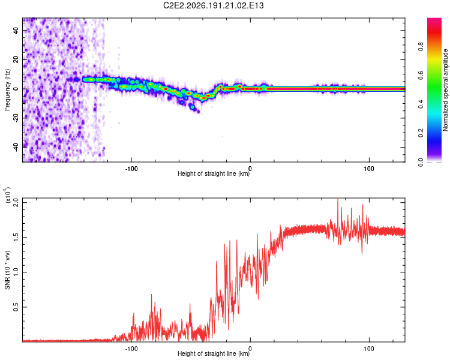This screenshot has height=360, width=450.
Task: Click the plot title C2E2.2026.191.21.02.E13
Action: (x=213, y=5)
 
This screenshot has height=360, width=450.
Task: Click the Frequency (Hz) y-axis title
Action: (x=7, y=90)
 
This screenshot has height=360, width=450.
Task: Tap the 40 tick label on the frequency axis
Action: (x=16, y=30)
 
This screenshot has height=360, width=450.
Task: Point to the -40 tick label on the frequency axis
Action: (x=16, y=147)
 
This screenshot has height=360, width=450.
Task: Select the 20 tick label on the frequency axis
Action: (x=16, y=60)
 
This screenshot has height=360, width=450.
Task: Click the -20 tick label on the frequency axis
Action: (x=16, y=118)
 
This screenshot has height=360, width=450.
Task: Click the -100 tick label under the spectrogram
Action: (x=131, y=169)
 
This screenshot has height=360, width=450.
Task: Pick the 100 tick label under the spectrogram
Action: (x=369, y=169)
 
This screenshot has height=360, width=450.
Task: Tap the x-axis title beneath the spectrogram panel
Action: (x=214, y=173)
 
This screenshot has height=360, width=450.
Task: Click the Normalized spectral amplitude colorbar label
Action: (x=445, y=90)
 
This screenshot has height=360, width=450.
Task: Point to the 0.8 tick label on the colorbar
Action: (x=421, y=47)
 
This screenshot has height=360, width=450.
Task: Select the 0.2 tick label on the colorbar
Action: (x=421, y=133)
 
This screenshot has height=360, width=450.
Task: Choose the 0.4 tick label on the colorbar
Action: (x=421, y=104)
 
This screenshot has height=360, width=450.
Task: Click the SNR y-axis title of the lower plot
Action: (x=7, y=270)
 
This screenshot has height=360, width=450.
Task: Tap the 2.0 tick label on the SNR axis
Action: (x=16, y=203)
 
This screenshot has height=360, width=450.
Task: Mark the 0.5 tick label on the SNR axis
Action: (x=16, y=307)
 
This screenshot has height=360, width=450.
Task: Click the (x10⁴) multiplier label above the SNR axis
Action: (x=8, y=196)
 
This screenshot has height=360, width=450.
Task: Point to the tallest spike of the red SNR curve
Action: (x=338, y=199)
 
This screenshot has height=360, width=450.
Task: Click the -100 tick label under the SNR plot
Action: (x=131, y=349)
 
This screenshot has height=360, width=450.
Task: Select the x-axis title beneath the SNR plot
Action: (x=214, y=353)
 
